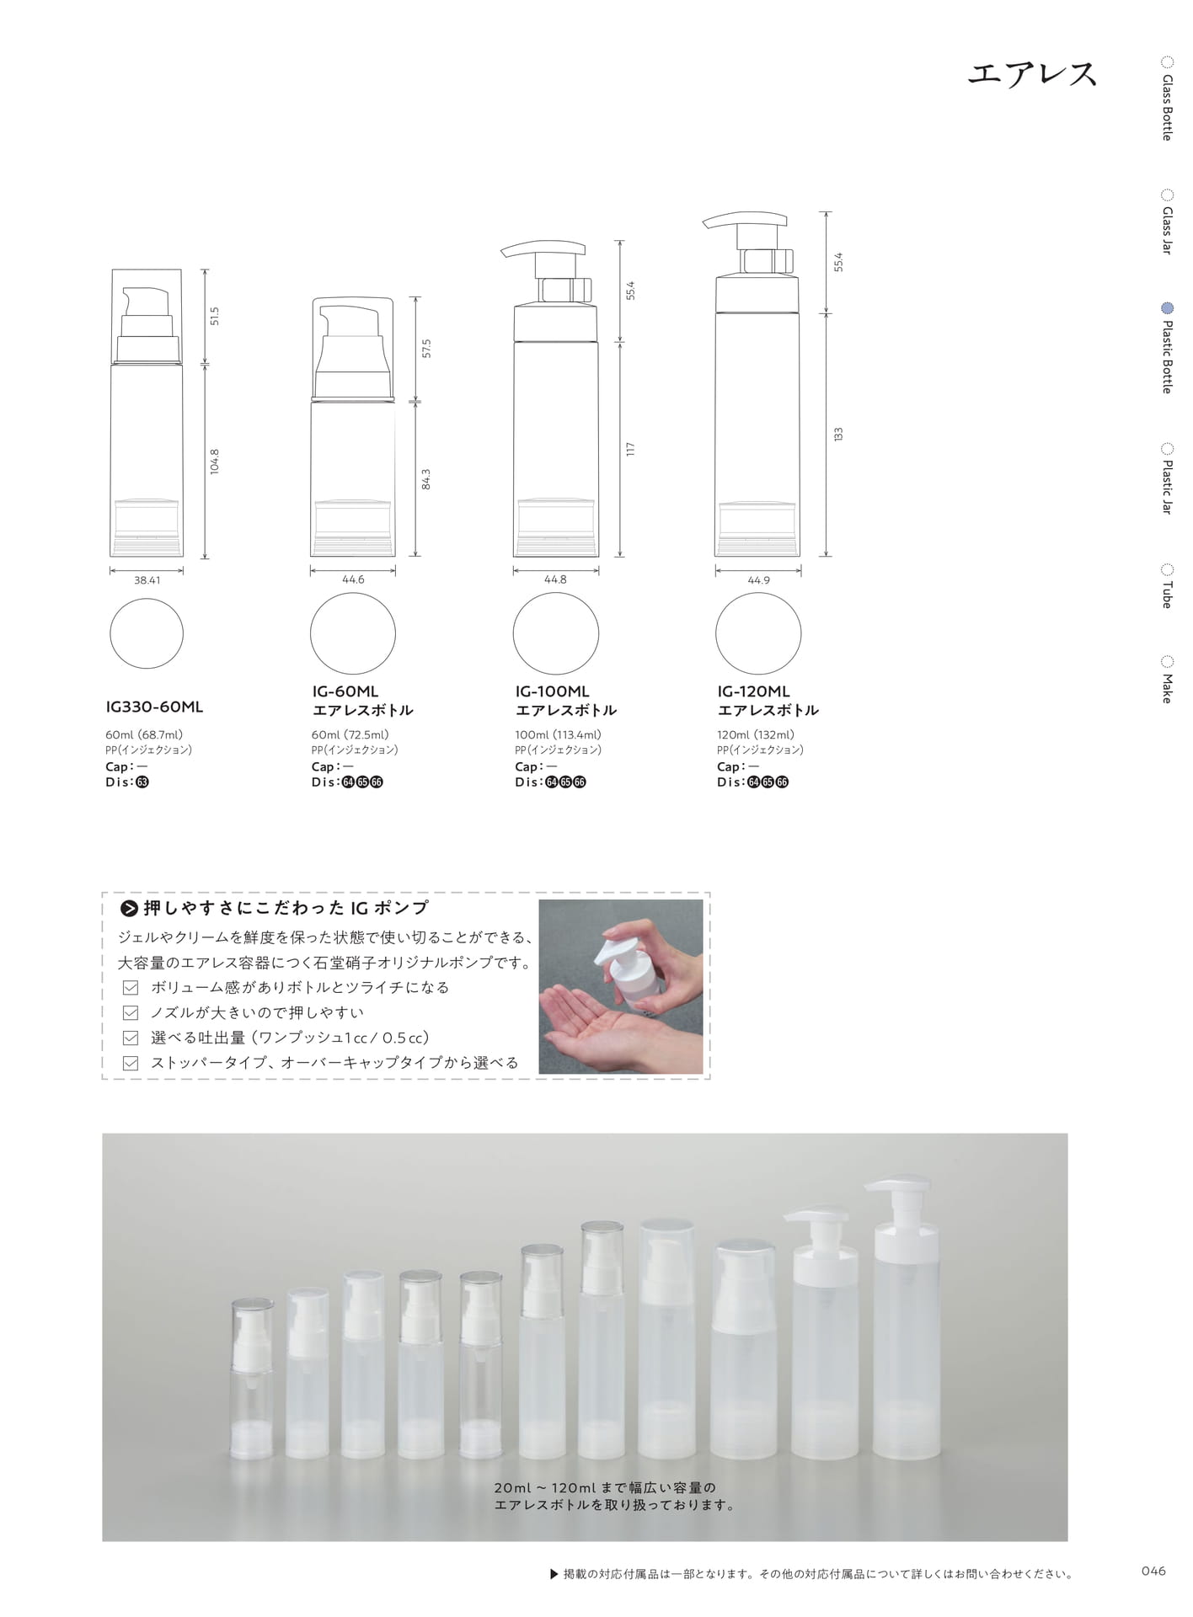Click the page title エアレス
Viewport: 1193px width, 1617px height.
tap(1032, 74)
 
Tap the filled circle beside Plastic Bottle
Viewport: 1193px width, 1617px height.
tap(1167, 308)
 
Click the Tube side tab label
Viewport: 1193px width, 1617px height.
tap(1167, 595)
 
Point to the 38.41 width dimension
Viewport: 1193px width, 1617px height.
tap(147, 580)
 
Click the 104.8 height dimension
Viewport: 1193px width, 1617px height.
tap(215, 462)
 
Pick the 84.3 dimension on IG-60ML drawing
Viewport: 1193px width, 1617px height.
tap(426, 479)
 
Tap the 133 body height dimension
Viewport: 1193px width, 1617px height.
tap(838, 435)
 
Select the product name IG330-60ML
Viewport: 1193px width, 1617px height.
tap(154, 707)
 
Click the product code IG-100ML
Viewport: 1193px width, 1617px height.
tap(553, 691)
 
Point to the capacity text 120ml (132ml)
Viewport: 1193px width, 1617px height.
tap(756, 735)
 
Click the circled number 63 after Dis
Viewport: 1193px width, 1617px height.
tap(142, 782)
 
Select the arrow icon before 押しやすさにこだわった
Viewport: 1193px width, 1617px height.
tap(129, 908)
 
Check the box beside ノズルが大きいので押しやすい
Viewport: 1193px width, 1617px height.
tap(131, 1013)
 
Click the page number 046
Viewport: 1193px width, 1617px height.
tap(1153, 1572)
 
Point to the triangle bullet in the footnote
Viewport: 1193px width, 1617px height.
tap(554, 1573)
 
